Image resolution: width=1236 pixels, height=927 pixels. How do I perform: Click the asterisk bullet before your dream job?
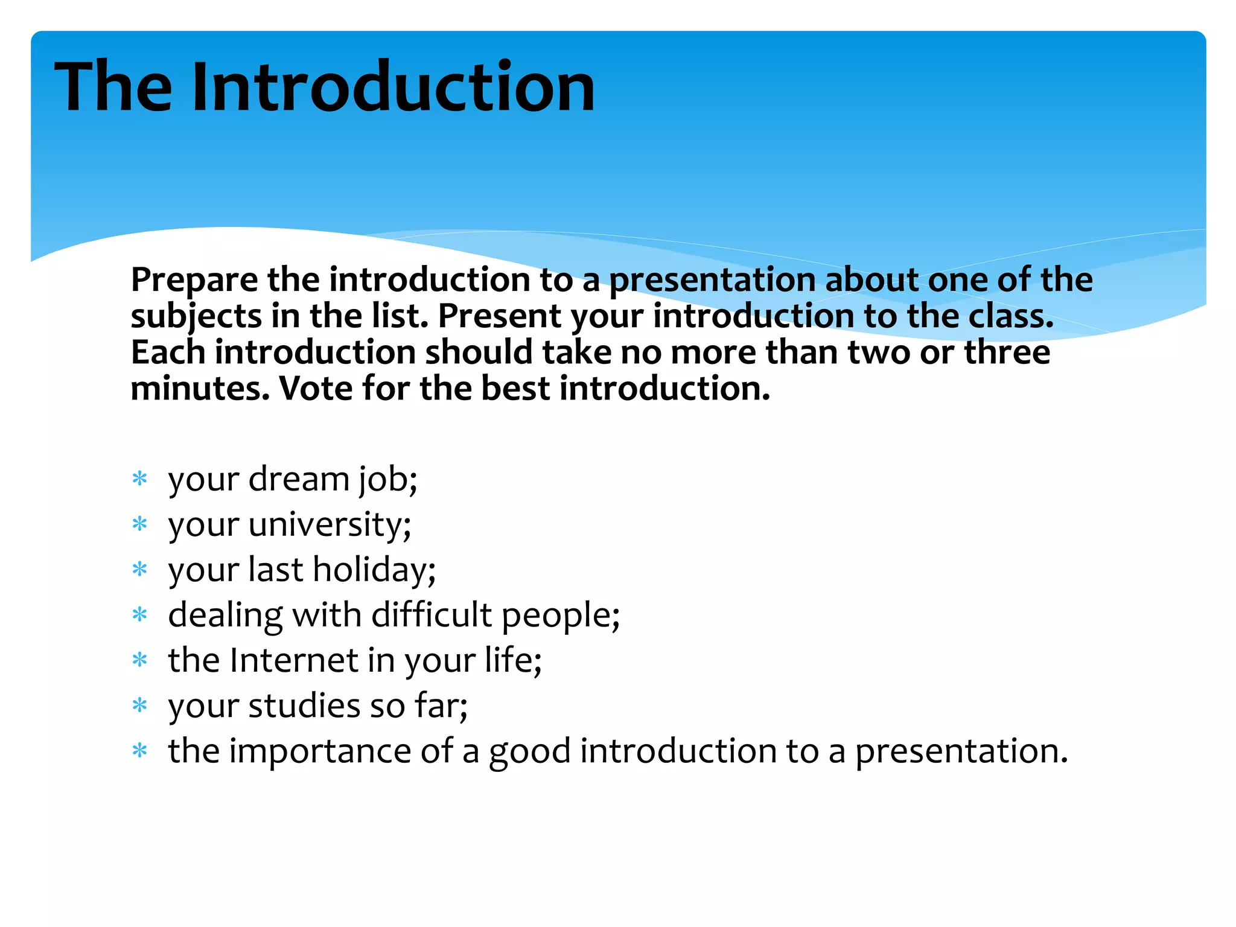pyautogui.click(x=140, y=480)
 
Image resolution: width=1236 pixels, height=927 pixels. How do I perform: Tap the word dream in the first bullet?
pyautogui.click(x=299, y=479)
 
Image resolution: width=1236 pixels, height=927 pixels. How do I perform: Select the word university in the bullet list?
pyautogui.click(x=330, y=524)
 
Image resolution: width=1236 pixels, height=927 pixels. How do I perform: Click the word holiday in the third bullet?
pyautogui.click(x=374, y=569)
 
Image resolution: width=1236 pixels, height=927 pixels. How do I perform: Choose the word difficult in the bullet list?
pyautogui.click(x=432, y=614)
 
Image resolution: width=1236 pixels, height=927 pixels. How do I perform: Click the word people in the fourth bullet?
pyautogui.click(x=561, y=616)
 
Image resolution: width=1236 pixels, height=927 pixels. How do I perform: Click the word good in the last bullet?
pyautogui.click(x=529, y=751)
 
